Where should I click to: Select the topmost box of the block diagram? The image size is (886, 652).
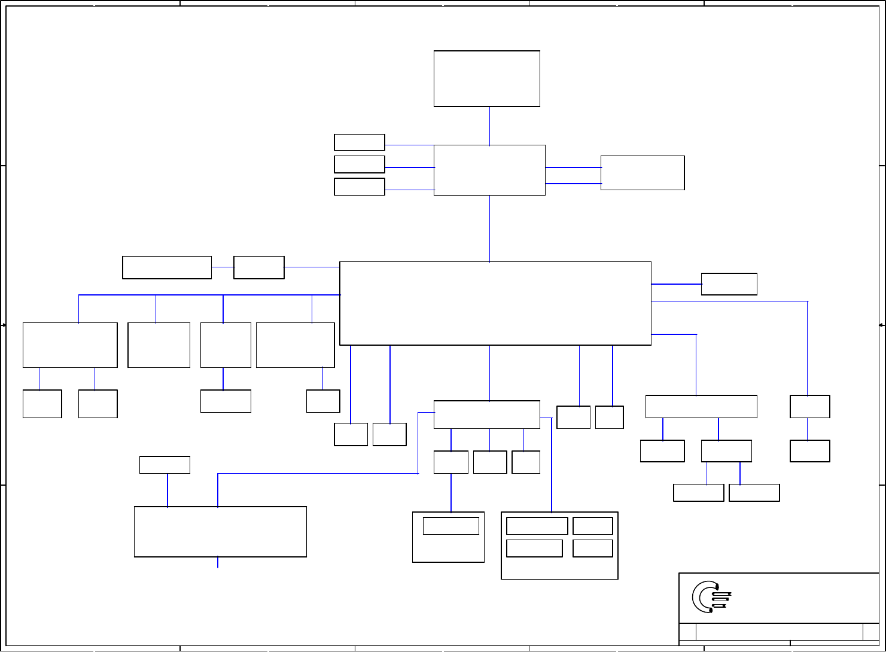[x=486, y=78]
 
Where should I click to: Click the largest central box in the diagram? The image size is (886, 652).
[x=495, y=303]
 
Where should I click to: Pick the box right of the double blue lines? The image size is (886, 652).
[x=642, y=173]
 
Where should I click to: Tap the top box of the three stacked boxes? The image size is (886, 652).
[x=359, y=142]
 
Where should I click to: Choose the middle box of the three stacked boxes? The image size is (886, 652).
[x=359, y=164]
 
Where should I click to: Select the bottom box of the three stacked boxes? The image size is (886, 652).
[x=359, y=186]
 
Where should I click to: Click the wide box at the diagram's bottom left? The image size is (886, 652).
[x=220, y=532]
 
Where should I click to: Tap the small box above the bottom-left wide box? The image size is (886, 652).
[x=165, y=465]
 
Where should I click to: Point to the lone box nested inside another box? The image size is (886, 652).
[x=450, y=526]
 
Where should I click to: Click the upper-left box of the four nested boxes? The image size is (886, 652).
[x=537, y=526]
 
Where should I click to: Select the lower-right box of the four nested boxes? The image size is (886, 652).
[x=592, y=548]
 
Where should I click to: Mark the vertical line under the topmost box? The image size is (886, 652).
[x=489, y=126]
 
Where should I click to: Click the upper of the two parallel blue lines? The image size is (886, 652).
[x=573, y=167]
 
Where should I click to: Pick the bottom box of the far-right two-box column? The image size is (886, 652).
[x=809, y=451]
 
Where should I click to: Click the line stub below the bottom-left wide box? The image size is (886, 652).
[x=218, y=562]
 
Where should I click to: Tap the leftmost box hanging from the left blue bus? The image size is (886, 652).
[x=69, y=345]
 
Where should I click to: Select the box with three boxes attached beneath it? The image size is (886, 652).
[x=486, y=415]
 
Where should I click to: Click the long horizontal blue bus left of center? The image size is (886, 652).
[x=209, y=295]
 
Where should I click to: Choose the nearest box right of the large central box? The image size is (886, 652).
[x=729, y=284]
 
